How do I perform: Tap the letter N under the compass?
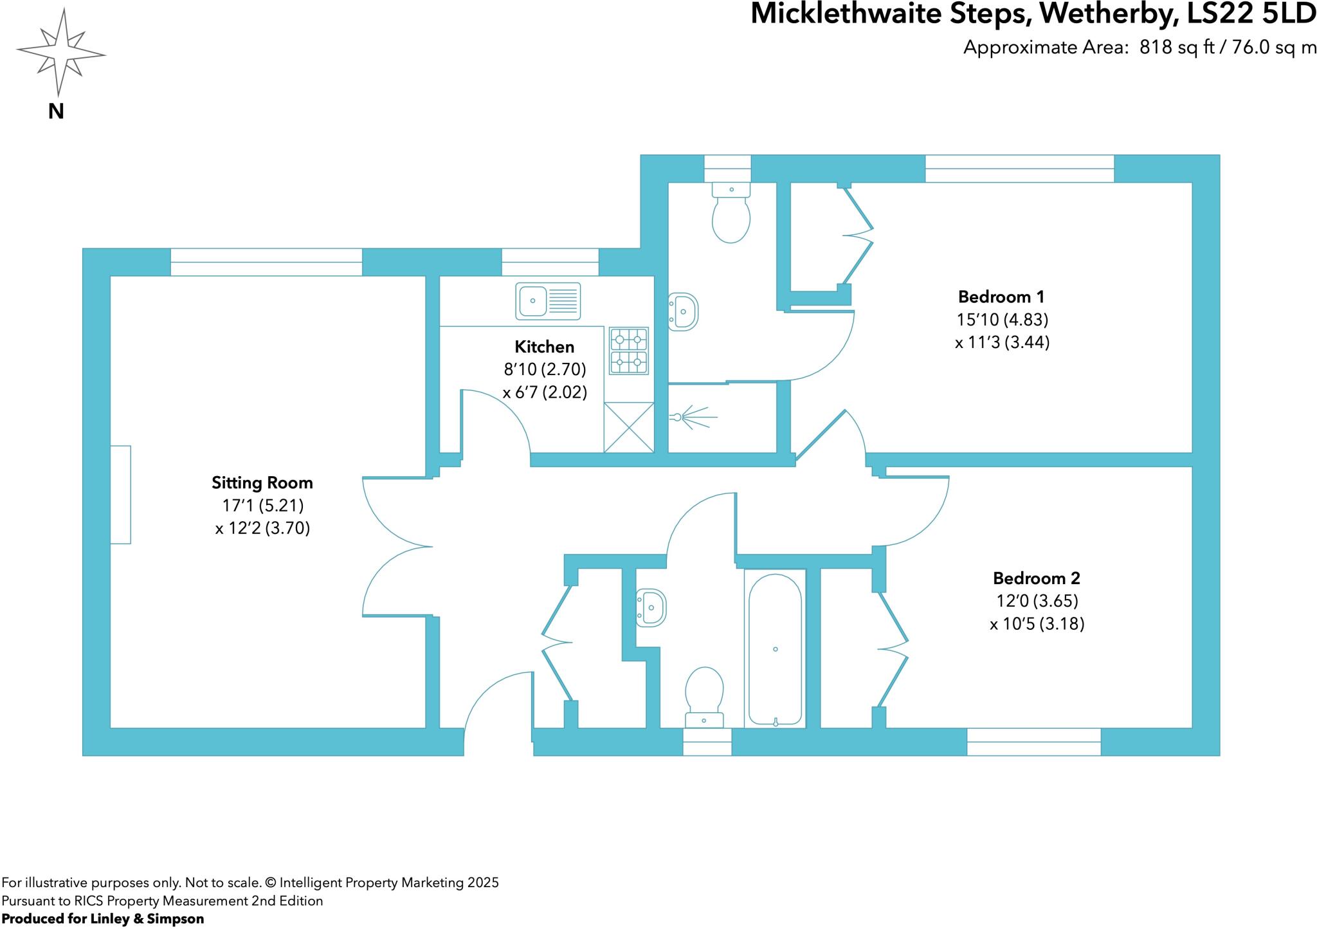click(56, 112)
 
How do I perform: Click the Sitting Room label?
click(262, 483)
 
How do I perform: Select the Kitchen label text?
click(545, 347)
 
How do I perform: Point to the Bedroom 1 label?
click(1001, 297)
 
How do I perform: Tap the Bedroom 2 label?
click(1036, 578)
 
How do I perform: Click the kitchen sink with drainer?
click(548, 301)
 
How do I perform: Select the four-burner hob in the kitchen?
click(629, 351)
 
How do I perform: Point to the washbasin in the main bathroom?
click(651, 607)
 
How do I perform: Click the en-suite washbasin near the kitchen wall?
click(683, 312)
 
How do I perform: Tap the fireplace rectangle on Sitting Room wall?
click(120, 494)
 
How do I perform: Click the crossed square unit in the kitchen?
click(629, 427)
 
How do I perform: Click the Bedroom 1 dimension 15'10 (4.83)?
click(1002, 320)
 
